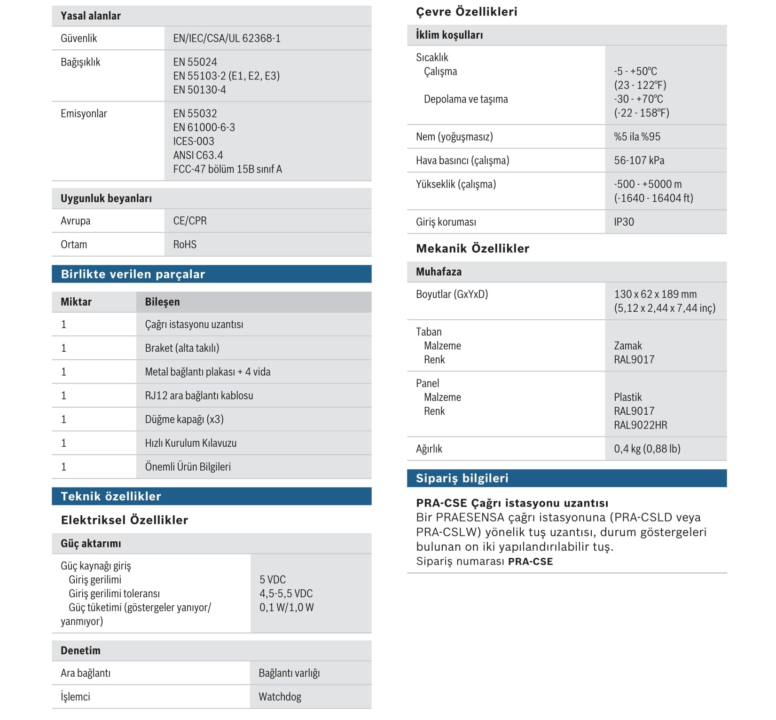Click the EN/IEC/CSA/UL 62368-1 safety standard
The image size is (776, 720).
point(227,38)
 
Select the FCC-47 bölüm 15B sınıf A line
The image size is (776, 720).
point(227,169)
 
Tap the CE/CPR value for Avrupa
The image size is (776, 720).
point(190,221)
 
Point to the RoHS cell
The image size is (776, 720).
point(185,245)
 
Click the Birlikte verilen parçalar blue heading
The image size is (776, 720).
point(133,274)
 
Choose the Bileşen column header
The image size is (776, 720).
point(162,302)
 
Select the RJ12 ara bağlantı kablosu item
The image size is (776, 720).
point(199,396)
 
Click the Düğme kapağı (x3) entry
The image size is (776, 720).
point(184,419)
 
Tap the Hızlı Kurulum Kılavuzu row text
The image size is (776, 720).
point(191,443)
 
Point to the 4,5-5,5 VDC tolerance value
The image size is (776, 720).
point(286,593)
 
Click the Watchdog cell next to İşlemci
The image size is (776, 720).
point(280,696)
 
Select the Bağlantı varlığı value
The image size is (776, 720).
point(289,673)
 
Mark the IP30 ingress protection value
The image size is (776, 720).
point(624,222)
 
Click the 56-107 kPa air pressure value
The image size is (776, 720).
point(639,160)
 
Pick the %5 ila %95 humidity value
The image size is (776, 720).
point(637,137)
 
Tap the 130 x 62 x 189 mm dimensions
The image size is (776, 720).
point(655,294)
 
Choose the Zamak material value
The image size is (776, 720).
point(627,346)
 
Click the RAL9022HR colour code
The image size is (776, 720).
point(640,425)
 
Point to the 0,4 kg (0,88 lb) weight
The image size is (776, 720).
point(647,449)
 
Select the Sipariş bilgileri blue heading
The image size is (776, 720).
point(462,478)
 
